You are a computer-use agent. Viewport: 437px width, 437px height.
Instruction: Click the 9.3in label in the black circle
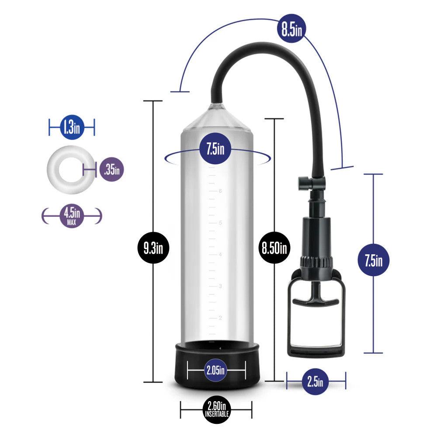[153, 247]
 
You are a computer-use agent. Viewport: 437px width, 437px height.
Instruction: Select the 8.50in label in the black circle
[274, 247]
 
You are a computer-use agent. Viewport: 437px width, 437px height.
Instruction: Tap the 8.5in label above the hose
[291, 28]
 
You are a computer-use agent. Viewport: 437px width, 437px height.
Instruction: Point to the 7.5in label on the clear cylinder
[215, 148]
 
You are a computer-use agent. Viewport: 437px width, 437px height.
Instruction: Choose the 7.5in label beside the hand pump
[374, 260]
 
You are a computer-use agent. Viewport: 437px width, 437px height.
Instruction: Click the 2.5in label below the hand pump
[315, 381]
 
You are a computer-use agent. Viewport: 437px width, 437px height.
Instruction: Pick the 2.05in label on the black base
[215, 370]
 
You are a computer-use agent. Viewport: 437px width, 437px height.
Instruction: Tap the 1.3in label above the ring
[72, 127]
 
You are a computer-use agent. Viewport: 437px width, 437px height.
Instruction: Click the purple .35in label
[112, 170]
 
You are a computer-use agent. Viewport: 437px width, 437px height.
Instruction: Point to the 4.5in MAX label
[72, 216]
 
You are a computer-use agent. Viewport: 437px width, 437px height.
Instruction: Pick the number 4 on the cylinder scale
[220, 254]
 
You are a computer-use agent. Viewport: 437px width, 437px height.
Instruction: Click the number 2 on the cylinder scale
[220, 318]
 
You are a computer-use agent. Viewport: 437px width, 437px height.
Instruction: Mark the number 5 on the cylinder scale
[220, 223]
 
